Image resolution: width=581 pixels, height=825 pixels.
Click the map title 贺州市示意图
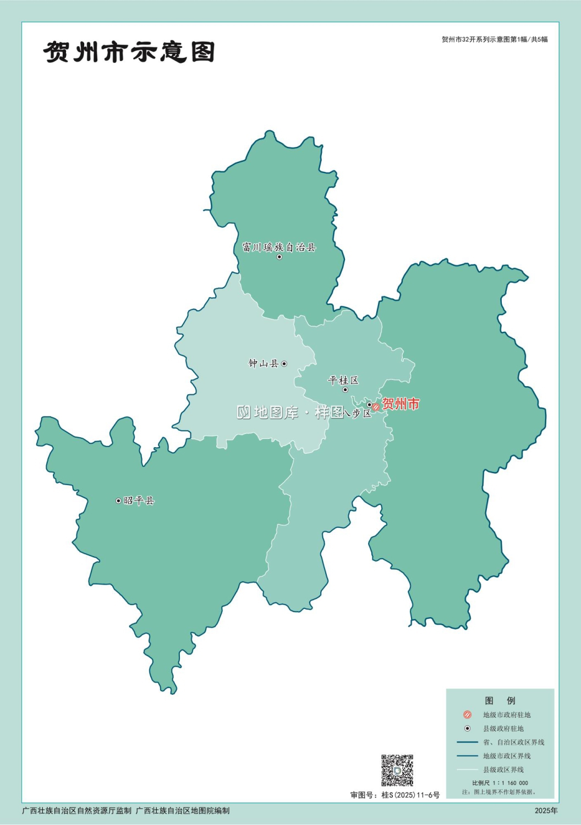pos(129,52)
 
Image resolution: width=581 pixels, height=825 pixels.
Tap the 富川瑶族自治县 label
pos(279,248)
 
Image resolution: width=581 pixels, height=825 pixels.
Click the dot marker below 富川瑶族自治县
pos(279,257)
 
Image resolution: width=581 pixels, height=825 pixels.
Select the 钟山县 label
pos(264,364)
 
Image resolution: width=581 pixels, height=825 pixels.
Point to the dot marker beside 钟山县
pos(284,364)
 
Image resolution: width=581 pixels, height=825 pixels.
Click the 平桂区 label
pos(343,380)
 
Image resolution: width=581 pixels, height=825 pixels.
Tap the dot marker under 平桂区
pos(346,390)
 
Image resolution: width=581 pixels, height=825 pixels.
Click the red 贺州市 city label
pos(401,404)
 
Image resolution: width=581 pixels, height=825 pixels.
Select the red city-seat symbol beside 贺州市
pos(376,407)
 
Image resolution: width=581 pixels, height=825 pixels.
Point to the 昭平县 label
pos(139,501)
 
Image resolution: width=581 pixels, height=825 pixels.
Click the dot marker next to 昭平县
pos(118,501)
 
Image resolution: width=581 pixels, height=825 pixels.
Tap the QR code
pos(397,770)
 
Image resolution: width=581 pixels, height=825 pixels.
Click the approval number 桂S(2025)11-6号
pos(410,795)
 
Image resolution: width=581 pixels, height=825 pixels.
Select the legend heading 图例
pos(500,701)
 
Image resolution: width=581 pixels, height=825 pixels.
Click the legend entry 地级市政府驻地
pos(507,715)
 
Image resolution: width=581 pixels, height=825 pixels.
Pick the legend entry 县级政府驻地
pos(503,729)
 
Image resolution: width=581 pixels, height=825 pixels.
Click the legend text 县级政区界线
pos(503,770)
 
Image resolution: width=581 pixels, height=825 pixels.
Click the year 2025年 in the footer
pos(546,811)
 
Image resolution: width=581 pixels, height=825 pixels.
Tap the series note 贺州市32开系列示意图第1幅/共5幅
pos(495,40)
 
